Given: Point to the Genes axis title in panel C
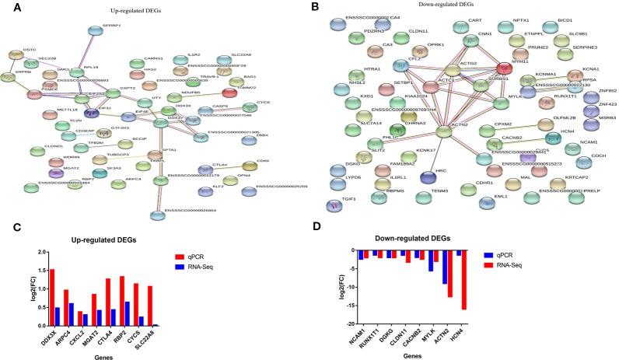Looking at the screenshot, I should [x=111, y=355].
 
